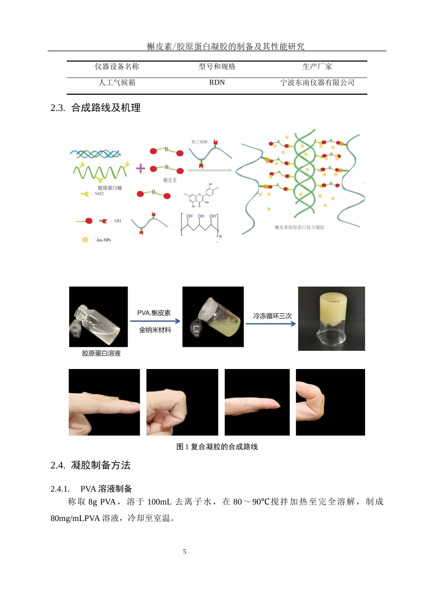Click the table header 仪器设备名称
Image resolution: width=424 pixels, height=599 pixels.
(x=117, y=67)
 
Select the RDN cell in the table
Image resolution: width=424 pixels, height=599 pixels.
(x=217, y=82)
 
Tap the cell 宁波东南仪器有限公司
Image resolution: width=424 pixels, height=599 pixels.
(x=317, y=82)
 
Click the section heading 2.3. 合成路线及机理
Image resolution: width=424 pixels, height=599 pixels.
(x=96, y=108)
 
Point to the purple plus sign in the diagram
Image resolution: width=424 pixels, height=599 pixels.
(x=141, y=168)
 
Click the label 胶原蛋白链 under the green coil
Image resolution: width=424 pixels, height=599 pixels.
(x=110, y=188)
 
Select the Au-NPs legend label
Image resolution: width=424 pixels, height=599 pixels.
(x=104, y=240)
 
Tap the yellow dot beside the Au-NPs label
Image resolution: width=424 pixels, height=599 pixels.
(x=85, y=240)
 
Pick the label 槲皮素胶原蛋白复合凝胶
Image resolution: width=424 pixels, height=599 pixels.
(x=299, y=227)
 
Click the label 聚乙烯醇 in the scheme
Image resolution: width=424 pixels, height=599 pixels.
(x=200, y=142)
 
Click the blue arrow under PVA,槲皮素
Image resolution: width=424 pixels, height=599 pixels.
(x=155, y=321)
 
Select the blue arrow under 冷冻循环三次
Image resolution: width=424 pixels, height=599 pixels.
(x=270, y=324)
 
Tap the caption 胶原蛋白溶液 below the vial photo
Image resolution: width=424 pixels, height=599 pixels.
(x=101, y=353)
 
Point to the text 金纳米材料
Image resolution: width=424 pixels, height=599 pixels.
(x=155, y=330)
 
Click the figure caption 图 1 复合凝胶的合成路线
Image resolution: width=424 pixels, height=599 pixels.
(x=217, y=447)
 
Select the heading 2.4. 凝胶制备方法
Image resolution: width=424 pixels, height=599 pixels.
(x=91, y=465)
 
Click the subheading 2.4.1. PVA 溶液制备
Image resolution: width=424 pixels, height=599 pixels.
(x=91, y=488)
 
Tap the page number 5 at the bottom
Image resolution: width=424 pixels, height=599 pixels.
(x=184, y=552)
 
